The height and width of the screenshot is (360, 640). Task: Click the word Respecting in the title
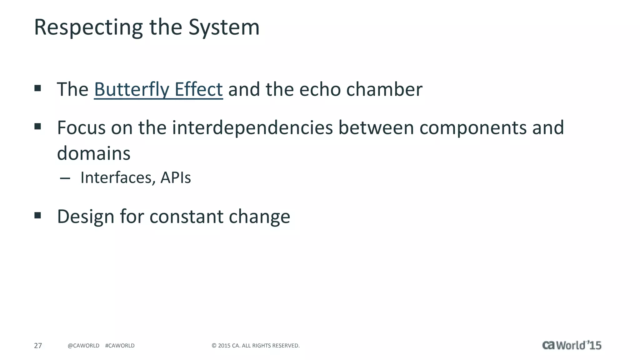pos(88,27)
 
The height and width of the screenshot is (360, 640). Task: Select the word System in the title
pos(224,27)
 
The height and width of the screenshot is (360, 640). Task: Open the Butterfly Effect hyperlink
pos(158,89)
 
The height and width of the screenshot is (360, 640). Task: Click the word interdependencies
pos(252,128)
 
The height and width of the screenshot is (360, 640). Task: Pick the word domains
pos(93,153)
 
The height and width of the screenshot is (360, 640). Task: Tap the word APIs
pos(175,178)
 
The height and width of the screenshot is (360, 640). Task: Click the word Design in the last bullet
pos(86,217)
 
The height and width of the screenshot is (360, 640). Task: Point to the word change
pos(259,217)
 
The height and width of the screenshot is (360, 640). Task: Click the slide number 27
pos(38,346)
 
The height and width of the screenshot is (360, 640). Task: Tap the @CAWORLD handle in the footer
pos(83,346)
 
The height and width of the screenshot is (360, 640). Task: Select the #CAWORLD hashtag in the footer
pos(120,346)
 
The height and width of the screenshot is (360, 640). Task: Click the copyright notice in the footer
pos(256,346)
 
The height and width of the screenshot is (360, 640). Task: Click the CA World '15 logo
pos(572,345)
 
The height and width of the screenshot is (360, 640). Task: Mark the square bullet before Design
pos(38,215)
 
